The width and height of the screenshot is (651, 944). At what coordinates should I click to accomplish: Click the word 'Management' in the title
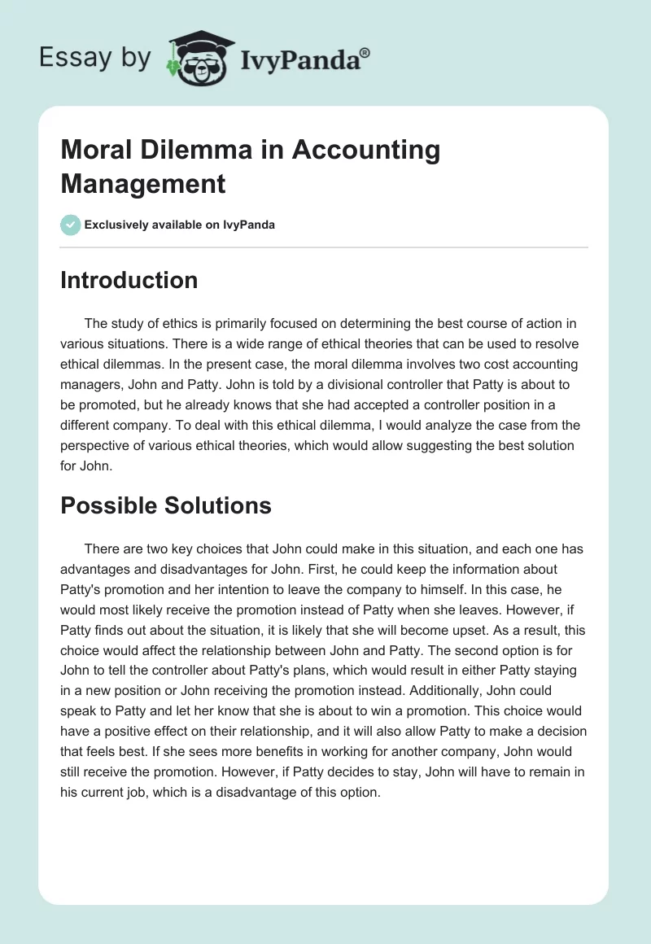[x=142, y=183]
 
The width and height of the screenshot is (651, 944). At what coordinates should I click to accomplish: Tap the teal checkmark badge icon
[x=71, y=225]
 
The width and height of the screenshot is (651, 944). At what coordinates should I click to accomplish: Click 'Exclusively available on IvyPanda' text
[x=181, y=225]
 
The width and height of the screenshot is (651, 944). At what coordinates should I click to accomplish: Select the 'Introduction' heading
[x=129, y=280]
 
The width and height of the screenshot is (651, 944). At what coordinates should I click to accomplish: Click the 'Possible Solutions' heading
[x=165, y=505]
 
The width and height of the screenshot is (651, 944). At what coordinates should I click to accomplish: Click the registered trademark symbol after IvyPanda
[x=365, y=51]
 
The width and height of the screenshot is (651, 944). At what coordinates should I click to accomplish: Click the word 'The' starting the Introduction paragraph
[x=96, y=324]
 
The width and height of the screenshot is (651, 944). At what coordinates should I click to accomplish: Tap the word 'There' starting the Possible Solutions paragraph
[x=101, y=549]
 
